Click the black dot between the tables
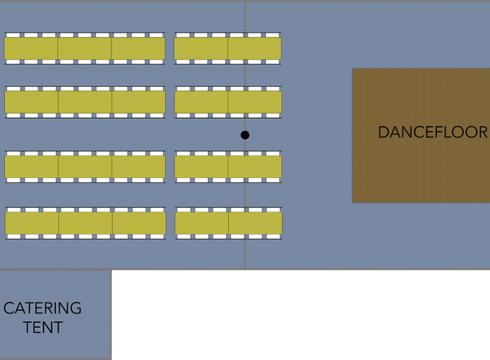(245, 135)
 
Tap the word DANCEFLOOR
(432, 132)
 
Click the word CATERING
(43, 308)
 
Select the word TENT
(43, 327)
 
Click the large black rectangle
(301, 315)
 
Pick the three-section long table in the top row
(85, 48)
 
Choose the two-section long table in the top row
(227, 48)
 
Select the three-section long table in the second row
(85, 102)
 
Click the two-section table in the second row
(227, 102)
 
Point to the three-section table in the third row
(85, 167)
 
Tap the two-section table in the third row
(227, 167)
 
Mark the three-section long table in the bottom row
(85, 223)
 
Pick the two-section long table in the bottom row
(228, 223)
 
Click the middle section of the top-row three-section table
(85, 48)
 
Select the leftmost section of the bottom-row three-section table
(32, 223)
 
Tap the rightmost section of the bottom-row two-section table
(255, 223)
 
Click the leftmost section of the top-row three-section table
(31, 48)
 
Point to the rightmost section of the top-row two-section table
(254, 48)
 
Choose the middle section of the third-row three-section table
(85, 167)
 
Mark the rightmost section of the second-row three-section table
(139, 102)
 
